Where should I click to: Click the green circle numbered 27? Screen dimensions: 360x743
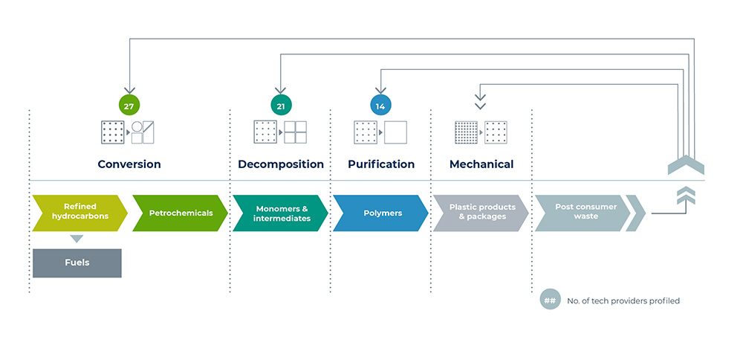(x=129, y=106)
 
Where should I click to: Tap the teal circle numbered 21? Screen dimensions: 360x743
(x=281, y=106)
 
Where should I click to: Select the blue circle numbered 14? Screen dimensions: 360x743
(x=380, y=106)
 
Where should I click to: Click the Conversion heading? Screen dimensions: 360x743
(x=129, y=164)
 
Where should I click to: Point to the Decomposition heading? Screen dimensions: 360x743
(x=281, y=164)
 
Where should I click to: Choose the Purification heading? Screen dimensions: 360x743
(x=381, y=164)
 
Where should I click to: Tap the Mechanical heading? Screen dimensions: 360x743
(x=481, y=164)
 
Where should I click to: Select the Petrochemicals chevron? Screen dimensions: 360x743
(x=181, y=213)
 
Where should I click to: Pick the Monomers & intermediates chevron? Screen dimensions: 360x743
(x=281, y=213)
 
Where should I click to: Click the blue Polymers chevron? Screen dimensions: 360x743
(x=381, y=213)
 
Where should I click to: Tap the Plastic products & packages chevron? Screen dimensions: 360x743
(x=481, y=213)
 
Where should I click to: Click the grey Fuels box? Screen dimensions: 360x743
(x=77, y=263)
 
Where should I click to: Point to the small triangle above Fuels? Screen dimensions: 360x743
(x=77, y=239)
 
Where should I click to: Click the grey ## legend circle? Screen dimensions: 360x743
(x=550, y=300)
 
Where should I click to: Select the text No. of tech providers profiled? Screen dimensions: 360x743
(x=623, y=300)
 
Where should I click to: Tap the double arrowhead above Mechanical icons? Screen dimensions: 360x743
(x=480, y=101)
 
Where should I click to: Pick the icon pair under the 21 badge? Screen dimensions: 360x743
(x=280, y=132)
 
